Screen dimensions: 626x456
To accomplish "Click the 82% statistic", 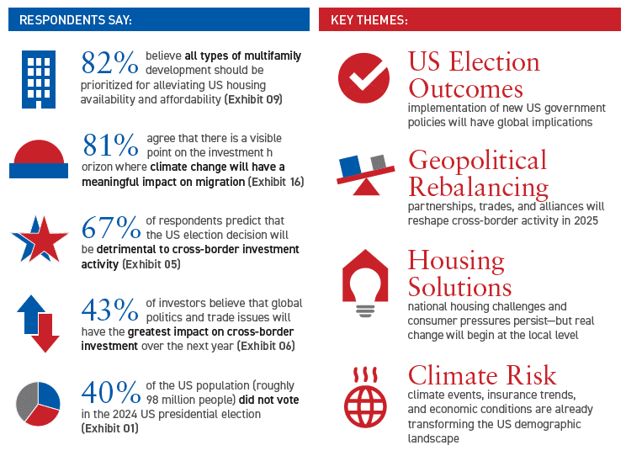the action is click(109, 63).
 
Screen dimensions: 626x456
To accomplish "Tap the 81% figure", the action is click(110, 145).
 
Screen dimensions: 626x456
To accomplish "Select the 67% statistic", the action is click(111, 228).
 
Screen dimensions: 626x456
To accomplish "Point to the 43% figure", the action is click(109, 310).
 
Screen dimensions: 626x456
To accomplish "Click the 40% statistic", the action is click(111, 393).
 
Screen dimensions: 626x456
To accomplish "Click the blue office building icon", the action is click(39, 79).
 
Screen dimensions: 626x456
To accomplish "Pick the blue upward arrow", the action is click(30, 314).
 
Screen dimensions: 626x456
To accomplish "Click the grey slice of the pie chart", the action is click(26, 400).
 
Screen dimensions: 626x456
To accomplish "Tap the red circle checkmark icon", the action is click(363, 78).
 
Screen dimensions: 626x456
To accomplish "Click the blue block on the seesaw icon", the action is click(350, 166).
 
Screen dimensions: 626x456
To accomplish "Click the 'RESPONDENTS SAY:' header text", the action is click(76, 19).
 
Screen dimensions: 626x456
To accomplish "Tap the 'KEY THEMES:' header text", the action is click(369, 19).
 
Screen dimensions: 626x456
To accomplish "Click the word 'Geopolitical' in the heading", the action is click(477, 162).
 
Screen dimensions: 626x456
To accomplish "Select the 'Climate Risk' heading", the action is click(482, 375).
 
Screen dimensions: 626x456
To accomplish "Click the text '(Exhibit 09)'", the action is click(253, 99).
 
